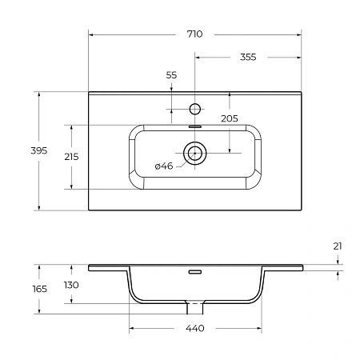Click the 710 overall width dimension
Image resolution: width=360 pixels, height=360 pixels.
(x=194, y=34)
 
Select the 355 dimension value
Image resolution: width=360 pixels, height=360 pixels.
(x=247, y=57)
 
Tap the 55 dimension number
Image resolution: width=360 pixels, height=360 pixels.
(x=171, y=74)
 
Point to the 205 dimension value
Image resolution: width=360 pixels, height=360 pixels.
(x=230, y=118)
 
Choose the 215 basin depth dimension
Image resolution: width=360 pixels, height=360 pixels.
(x=71, y=157)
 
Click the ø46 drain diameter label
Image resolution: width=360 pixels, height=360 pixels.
(x=164, y=166)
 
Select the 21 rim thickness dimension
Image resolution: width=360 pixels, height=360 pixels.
(x=338, y=246)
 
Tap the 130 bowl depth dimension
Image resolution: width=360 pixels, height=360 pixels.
(x=71, y=285)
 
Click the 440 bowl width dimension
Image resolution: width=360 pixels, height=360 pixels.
(x=194, y=329)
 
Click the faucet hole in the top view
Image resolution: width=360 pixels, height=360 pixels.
(x=194, y=107)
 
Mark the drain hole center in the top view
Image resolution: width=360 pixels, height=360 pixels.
(x=194, y=152)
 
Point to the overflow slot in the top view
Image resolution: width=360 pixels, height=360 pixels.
(x=194, y=126)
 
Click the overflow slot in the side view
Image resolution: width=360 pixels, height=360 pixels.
(x=194, y=271)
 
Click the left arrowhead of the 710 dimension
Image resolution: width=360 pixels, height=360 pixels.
(x=90, y=35)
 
